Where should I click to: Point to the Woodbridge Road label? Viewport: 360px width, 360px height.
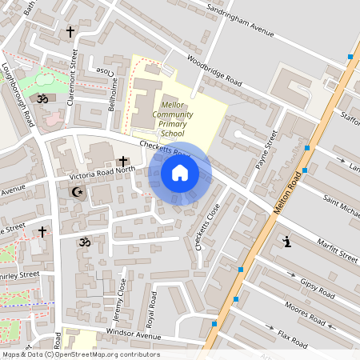214,70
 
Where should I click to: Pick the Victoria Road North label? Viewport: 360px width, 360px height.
102,170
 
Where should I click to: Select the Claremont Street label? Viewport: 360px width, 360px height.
73,70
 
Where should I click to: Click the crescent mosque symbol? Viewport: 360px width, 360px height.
78,192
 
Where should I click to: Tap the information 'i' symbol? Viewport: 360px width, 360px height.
286,241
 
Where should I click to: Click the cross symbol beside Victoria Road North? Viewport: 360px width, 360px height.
123,162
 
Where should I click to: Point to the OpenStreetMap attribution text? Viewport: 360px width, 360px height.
80,354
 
